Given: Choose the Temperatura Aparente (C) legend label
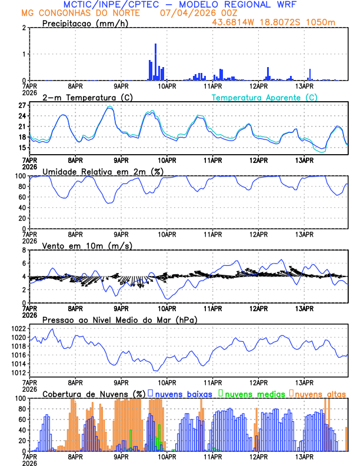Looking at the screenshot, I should point(265,97).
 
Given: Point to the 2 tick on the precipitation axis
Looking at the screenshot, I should point(24,28).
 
